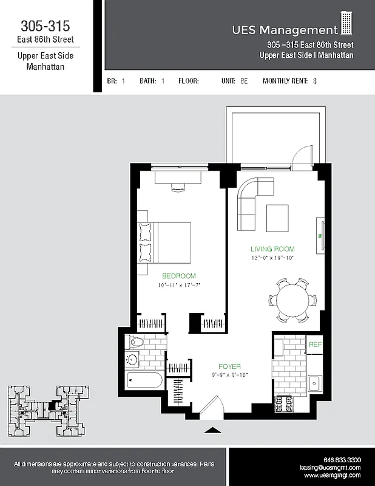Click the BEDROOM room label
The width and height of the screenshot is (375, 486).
point(178,276)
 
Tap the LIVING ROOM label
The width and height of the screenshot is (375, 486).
point(272,248)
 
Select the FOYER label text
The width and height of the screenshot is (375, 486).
point(229,366)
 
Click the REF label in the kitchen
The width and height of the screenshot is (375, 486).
point(315,344)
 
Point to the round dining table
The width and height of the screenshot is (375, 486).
point(292,299)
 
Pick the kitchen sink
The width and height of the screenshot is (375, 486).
point(314,383)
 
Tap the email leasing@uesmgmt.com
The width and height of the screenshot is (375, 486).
point(330,468)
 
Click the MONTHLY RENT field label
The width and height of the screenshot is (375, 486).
point(285,81)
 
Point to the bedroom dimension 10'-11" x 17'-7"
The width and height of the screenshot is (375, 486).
point(178,285)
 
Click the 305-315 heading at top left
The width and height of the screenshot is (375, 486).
point(45,26)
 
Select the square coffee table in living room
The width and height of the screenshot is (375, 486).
point(277,217)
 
